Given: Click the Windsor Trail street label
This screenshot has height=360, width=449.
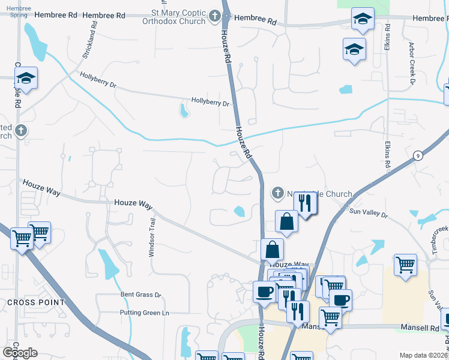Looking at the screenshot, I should [152, 238].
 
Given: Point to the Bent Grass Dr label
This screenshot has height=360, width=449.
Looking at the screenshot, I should [141, 295].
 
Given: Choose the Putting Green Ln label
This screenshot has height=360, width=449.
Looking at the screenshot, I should [145, 313].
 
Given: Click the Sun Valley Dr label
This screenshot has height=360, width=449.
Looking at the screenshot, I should [369, 214].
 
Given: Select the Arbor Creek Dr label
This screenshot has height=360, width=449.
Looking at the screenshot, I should [412, 62].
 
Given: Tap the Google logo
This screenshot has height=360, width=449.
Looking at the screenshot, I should [20, 352].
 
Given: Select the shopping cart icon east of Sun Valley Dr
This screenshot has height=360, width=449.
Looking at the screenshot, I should [406, 263].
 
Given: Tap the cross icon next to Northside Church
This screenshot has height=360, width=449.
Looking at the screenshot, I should [277, 193].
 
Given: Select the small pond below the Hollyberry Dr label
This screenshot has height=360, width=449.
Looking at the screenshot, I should [184, 110].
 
